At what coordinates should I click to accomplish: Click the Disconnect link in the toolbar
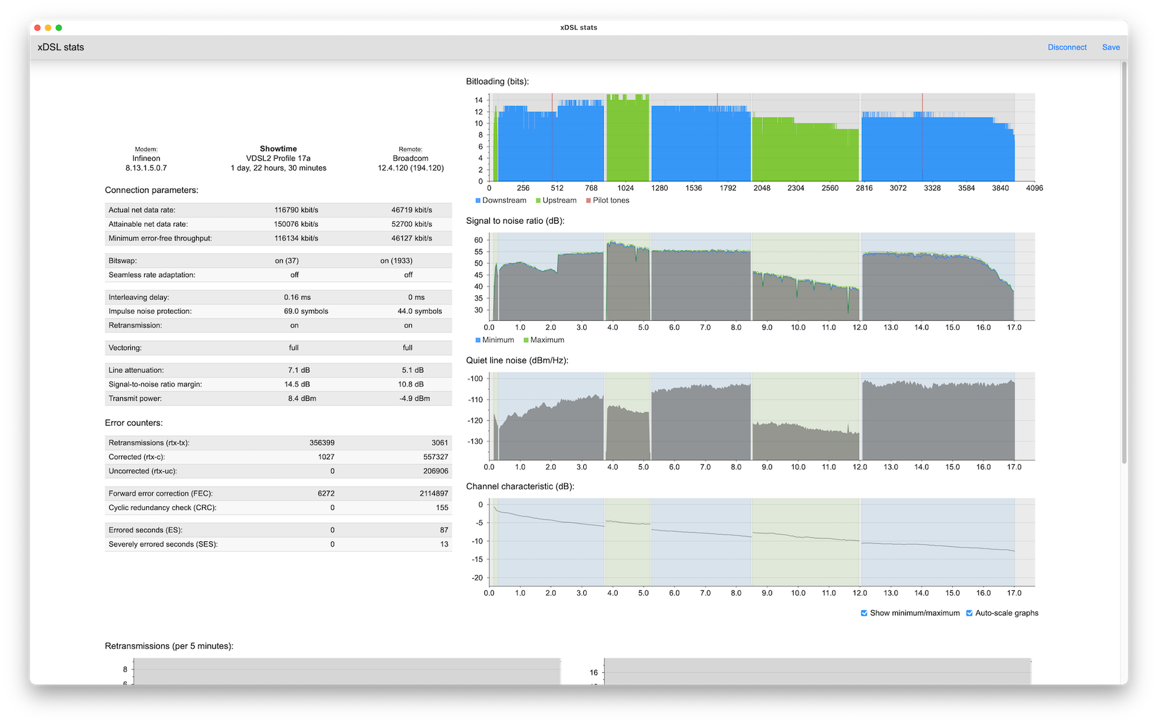(x=1066, y=47)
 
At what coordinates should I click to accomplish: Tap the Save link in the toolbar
(x=1110, y=47)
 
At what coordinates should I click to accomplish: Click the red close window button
(x=37, y=28)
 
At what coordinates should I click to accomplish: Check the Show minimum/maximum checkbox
(x=864, y=613)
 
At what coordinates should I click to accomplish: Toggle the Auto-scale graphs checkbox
(x=969, y=613)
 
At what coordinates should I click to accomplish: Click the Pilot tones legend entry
(x=607, y=200)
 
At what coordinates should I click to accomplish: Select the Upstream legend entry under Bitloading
(x=556, y=200)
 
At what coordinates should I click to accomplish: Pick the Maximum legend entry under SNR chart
(x=544, y=340)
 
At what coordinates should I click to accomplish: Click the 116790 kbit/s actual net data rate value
(x=296, y=210)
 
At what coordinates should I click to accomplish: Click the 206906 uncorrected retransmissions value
(x=435, y=471)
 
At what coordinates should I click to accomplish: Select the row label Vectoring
(x=125, y=348)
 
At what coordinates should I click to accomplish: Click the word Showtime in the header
(x=278, y=148)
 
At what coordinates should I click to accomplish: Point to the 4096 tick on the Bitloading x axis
(x=1034, y=188)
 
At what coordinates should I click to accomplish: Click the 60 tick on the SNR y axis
(x=478, y=240)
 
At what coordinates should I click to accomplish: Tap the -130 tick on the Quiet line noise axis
(x=475, y=442)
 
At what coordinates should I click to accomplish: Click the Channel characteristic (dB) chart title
(x=520, y=486)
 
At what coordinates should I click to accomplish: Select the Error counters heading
(x=133, y=423)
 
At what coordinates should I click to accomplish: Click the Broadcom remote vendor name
(x=411, y=159)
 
